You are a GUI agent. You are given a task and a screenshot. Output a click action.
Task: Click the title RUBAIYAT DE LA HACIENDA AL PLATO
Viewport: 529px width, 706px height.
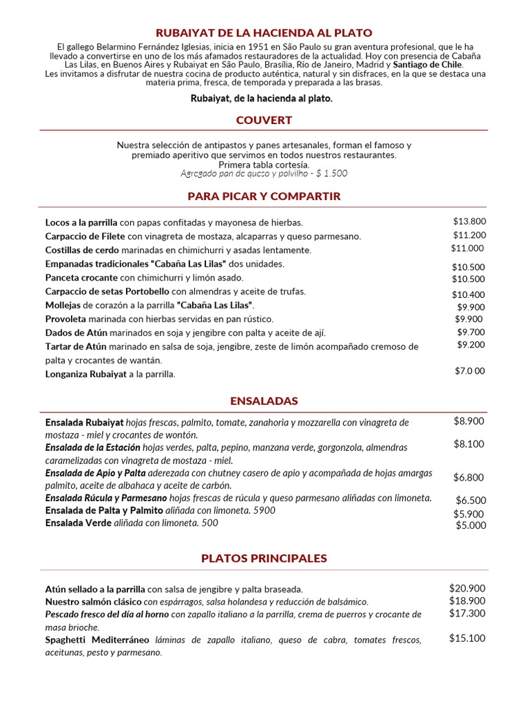coord(264,32)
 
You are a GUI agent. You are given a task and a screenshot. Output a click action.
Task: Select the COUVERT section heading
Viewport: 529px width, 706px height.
coord(264,120)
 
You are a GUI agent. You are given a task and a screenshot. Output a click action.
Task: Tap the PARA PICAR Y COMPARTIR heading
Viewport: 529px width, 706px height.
coord(264,196)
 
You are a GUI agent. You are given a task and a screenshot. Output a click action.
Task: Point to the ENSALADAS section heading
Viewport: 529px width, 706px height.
coord(264,401)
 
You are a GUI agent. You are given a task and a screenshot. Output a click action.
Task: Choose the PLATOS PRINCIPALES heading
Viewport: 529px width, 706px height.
coord(264,558)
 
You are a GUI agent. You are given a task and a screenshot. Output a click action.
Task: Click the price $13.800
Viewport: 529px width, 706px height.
coord(469,221)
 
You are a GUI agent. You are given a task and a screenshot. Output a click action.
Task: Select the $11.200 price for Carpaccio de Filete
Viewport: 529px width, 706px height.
coord(469,234)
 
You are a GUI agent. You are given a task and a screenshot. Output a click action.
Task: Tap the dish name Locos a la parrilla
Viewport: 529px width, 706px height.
coord(81,223)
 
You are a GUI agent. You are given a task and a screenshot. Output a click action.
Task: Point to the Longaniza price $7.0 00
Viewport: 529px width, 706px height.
coord(469,371)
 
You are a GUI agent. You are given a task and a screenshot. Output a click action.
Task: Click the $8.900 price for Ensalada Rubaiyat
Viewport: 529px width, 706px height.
coord(468,421)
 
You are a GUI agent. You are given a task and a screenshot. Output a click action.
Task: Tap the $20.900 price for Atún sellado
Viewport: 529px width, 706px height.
coord(467,588)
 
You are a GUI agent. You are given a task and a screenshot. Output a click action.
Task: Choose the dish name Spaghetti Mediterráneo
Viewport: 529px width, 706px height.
coord(97,640)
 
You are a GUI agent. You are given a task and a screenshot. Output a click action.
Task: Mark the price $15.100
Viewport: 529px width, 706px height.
coord(467,638)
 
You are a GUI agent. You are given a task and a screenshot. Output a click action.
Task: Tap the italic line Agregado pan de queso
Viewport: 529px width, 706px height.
coord(264,174)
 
